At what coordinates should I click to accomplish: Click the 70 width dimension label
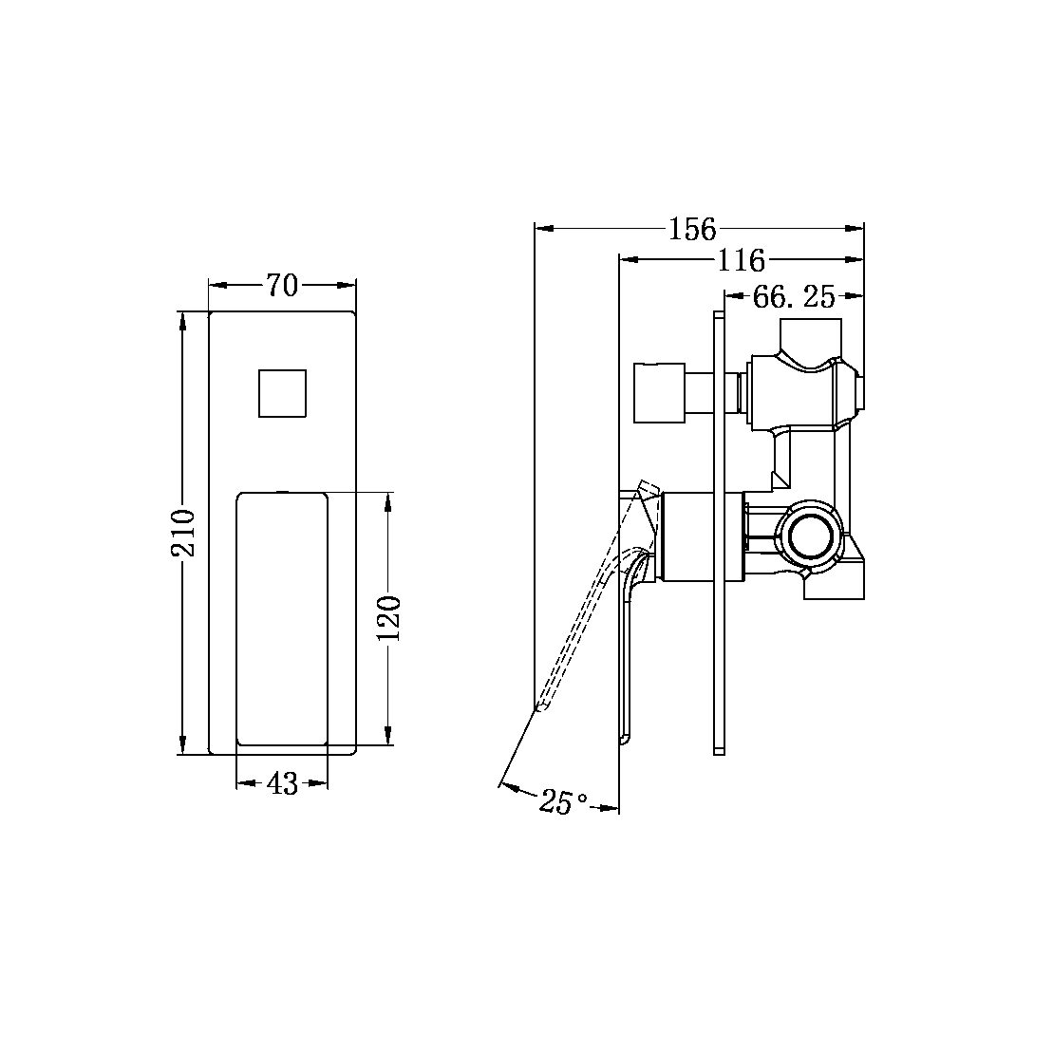point(282,285)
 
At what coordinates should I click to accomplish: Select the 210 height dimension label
point(185,533)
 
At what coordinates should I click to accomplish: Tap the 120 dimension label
point(390,617)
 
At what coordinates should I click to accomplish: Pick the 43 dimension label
point(282,784)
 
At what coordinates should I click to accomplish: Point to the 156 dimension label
point(692,229)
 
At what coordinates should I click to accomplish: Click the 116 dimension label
point(741,259)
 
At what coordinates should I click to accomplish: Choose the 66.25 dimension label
point(794,297)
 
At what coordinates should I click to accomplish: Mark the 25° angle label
point(563,802)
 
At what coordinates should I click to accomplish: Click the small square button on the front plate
point(282,393)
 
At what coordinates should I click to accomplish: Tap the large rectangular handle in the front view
point(282,618)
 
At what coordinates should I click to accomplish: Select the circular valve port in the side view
point(810,534)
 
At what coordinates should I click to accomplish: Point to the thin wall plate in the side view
point(719,533)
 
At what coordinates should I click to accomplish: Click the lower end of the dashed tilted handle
point(539,705)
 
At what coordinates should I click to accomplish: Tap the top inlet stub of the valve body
point(811,335)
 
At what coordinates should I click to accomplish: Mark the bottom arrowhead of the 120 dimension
point(388,738)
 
